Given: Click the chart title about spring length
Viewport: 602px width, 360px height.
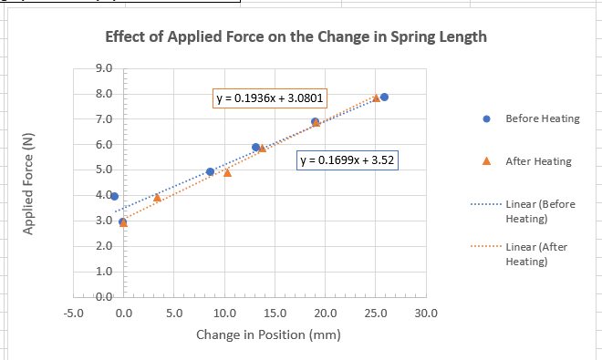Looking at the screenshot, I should pos(296,38).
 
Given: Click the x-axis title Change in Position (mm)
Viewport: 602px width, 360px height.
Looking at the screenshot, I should pos(268,334).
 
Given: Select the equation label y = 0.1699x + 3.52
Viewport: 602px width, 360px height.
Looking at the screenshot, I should pos(348,160).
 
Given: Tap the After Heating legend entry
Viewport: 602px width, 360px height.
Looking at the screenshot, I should pos(538,161).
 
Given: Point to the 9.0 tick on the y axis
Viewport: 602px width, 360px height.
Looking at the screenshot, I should pos(103,68).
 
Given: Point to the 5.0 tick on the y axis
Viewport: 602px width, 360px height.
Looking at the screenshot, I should pos(103,170).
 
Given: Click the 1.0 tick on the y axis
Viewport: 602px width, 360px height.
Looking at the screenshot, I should pos(103,272).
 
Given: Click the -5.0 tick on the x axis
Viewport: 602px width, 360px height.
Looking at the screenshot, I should pos(74,314).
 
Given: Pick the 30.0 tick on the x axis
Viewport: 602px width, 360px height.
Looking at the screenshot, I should pos(426,314).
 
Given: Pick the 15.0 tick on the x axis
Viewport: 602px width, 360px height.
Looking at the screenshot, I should pos(275,314).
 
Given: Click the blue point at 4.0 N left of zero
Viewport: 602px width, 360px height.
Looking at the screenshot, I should pos(114,196).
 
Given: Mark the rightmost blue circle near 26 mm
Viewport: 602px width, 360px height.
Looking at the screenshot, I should pos(384,97).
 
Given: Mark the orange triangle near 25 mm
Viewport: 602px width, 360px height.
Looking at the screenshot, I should pos(376,98).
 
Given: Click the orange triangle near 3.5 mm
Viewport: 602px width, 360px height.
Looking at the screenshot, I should pos(157,197).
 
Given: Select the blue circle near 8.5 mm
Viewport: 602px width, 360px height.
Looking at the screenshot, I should pos(210,171).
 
